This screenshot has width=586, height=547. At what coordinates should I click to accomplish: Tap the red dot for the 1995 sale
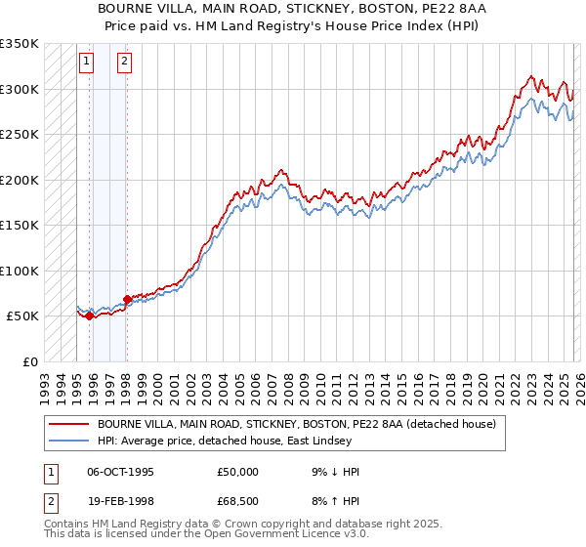[x=89, y=316]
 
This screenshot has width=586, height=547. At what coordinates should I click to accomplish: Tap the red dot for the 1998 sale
[x=127, y=299]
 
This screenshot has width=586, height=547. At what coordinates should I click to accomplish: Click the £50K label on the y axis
[x=22, y=316]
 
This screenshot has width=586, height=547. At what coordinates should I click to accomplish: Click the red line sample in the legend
[x=68, y=424]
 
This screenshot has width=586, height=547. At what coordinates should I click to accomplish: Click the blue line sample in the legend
[x=68, y=442]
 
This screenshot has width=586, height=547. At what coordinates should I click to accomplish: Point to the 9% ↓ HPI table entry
[x=333, y=472]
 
